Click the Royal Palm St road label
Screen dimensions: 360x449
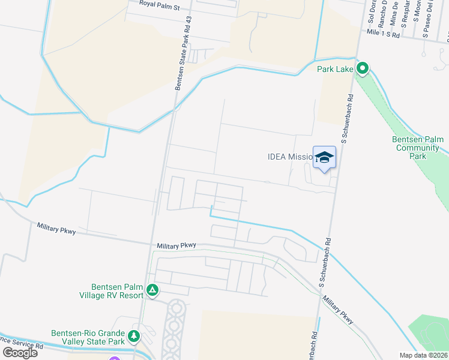[160, 6]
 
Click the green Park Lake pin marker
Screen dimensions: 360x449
[362, 69]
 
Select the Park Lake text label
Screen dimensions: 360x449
[336, 69]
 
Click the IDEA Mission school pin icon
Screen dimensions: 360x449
[324, 158]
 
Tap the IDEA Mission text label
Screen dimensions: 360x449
[291, 157]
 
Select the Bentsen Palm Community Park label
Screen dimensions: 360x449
[418, 148]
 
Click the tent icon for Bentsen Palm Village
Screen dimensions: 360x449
[152, 291]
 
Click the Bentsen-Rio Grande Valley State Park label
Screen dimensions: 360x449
[88, 337]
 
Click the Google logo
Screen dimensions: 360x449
[19, 352]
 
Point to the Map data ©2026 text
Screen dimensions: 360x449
[424, 355]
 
